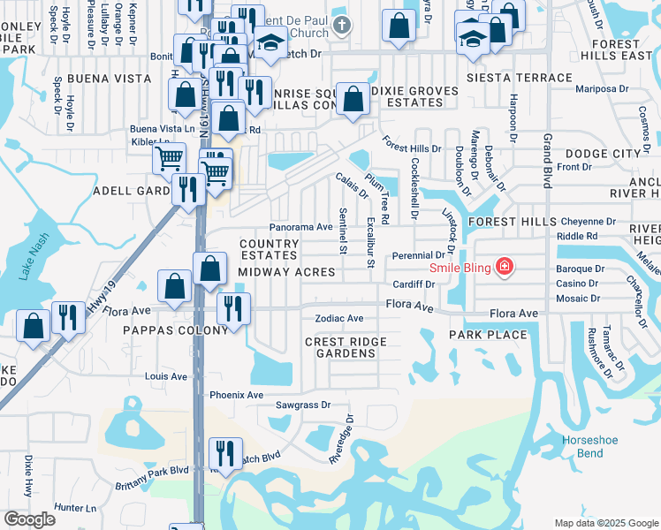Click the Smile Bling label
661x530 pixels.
[460, 268]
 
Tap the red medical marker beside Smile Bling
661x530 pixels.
[505, 266]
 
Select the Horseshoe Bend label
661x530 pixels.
[585, 446]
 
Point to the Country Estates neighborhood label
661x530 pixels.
[270, 249]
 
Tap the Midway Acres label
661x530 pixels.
[286, 272]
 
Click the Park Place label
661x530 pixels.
[488, 335]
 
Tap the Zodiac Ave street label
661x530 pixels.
[339, 318]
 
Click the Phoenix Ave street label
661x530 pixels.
[236, 395]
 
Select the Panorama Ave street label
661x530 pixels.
[300, 227]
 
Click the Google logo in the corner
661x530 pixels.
[29, 519]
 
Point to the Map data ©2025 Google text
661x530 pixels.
[605, 523]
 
